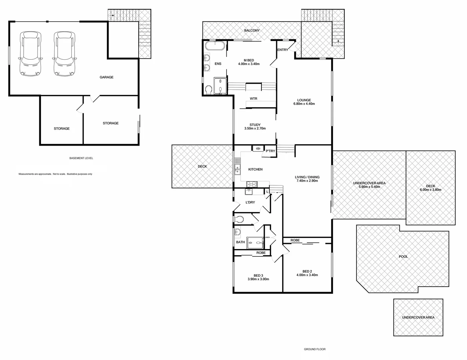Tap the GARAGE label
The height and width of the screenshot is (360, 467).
click(x=107, y=77)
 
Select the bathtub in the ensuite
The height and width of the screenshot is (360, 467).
click(x=215, y=46)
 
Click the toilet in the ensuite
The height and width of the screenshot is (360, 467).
click(x=209, y=90)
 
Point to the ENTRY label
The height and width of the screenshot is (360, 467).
click(x=282, y=50)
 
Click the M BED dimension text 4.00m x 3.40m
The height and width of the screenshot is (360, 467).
click(x=249, y=64)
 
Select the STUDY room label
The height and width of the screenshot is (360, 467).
click(x=255, y=125)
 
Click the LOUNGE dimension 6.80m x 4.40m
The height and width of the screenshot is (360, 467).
click(x=304, y=104)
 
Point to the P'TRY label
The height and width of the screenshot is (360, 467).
click(x=270, y=151)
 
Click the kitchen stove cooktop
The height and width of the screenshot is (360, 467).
click(x=251, y=184)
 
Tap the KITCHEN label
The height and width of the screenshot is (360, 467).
click(x=255, y=169)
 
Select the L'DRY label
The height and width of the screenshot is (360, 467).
click(x=250, y=202)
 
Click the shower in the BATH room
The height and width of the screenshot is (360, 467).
click(x=255, y=243)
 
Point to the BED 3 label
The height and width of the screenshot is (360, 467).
click(x=258, y=275)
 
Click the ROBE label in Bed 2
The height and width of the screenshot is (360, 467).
click(x=295, y=240)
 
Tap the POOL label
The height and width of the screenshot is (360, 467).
click(x=403, y=257)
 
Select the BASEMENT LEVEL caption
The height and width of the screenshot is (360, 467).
click(x=81, y=158)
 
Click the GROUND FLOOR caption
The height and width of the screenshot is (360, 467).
click(x=314, y=349)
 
